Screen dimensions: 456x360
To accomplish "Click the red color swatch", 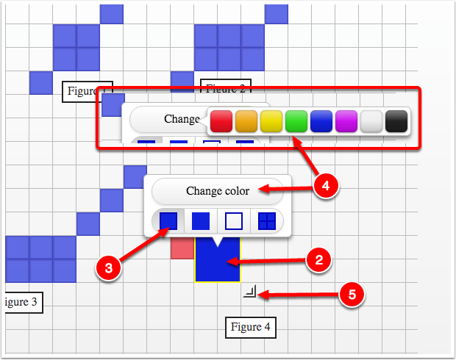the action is click(221, 120).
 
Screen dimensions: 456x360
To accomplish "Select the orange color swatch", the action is click(246, 120).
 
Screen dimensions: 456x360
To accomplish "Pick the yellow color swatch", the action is click(271, 120).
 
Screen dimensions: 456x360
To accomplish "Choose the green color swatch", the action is click(296, 120).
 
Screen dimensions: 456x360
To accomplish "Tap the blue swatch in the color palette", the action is click(321, 120).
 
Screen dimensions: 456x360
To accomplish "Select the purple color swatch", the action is click(346, 120).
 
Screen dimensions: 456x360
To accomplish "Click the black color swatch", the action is click(396, 120).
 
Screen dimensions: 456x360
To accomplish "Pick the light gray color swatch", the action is click(371, 120).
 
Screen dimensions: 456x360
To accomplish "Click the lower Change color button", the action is click(217, 191).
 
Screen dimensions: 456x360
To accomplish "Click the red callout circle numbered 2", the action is click(318, 259).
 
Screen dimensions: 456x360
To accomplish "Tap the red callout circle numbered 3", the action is click(108, 268).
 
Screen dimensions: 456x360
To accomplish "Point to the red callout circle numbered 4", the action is click(325, 187).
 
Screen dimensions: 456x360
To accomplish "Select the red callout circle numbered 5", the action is click(352, 295).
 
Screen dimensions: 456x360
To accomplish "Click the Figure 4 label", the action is click(251, 326).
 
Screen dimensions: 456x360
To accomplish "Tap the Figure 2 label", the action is click(226, 89).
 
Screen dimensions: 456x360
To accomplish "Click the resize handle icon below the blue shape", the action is click(250, 293).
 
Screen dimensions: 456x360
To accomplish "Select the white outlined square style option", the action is click(233, 220).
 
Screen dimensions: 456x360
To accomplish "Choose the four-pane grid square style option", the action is click(266, 220).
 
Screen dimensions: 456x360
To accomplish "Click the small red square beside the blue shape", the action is click(181, 248).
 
